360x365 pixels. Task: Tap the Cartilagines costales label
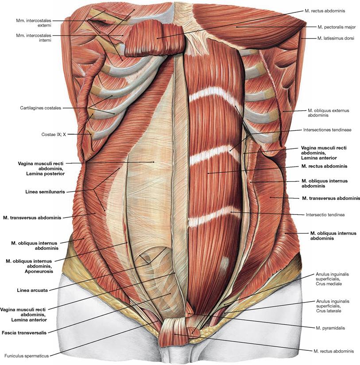[41, 108]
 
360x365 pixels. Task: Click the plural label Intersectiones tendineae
[327, 130]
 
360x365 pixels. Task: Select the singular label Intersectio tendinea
[325, 215]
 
